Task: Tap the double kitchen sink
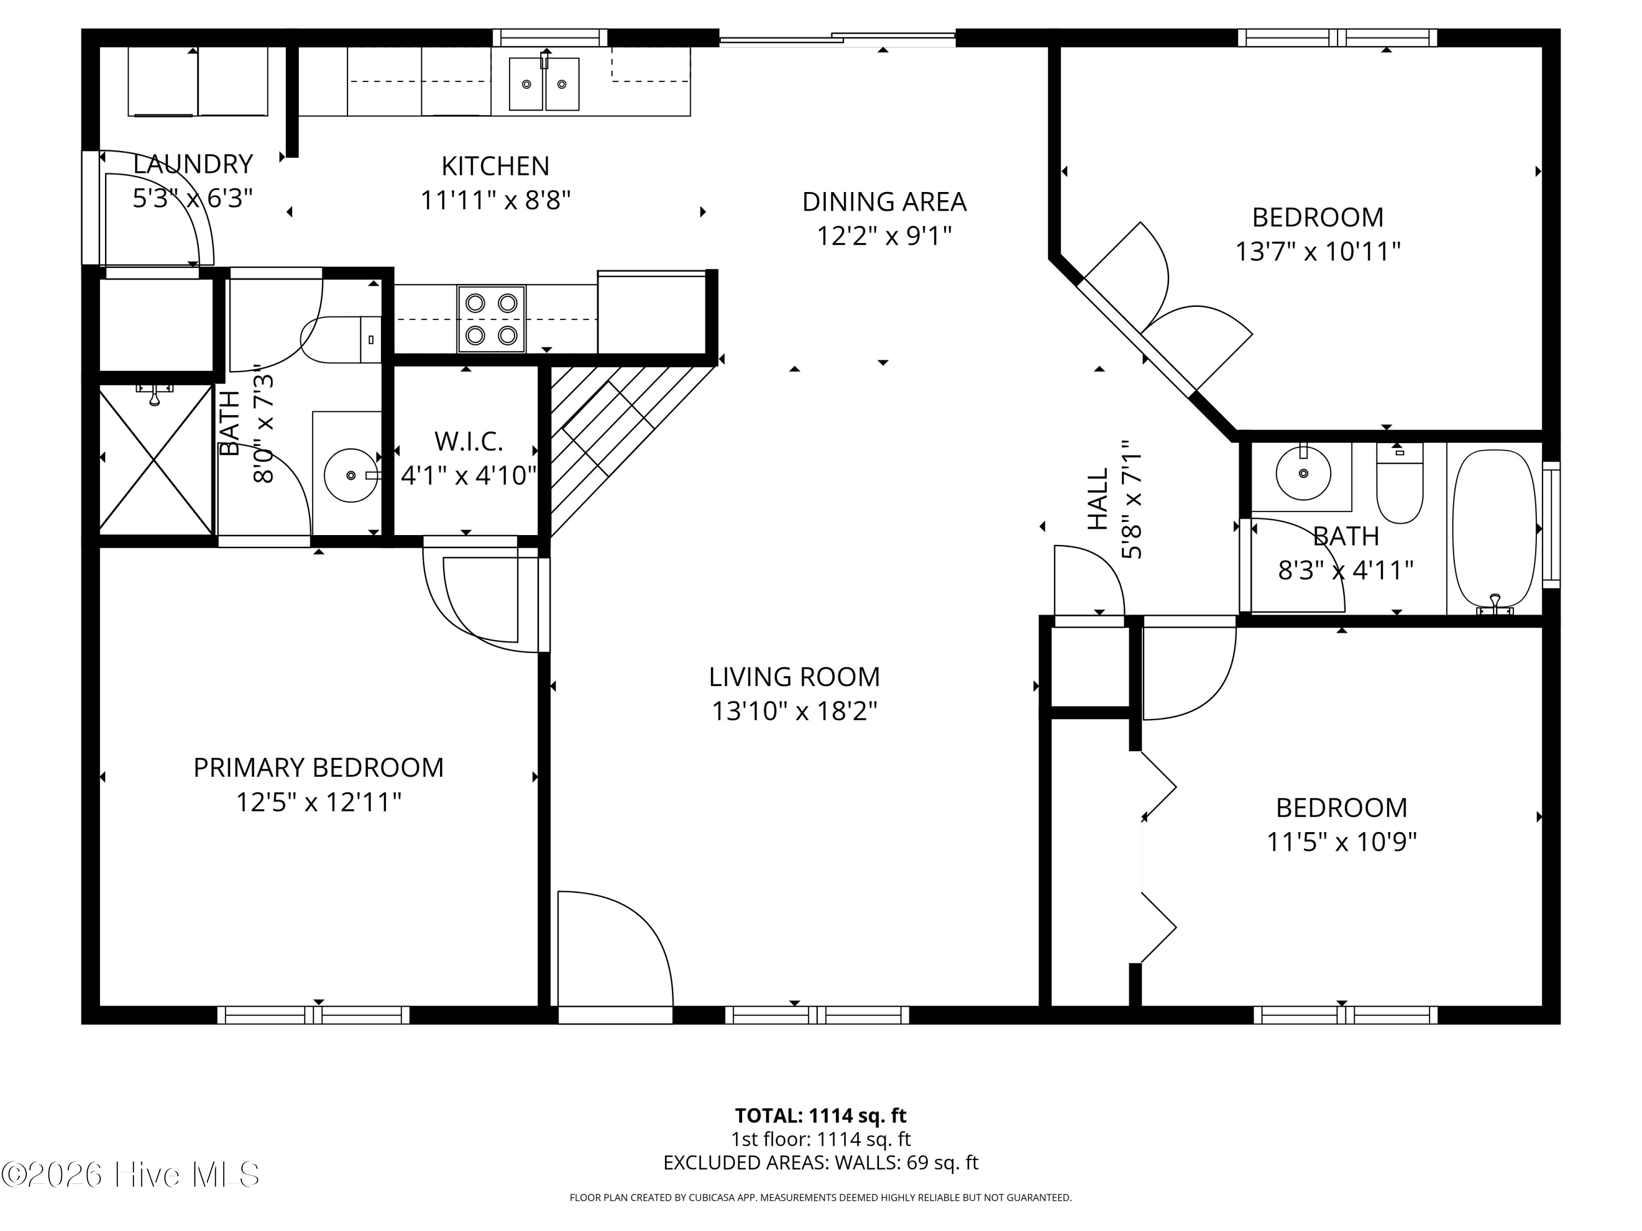(x=544, y=84)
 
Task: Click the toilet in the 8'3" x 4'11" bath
(x=1400, y=483)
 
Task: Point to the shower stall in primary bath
(x=156, y=460)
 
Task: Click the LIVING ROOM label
(x=794, y=677)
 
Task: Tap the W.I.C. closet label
(x=469, y=442)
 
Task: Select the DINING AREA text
(x=884, y=202)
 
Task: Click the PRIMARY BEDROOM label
(x=319, y=767)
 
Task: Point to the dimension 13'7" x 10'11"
(x=1317, y=252)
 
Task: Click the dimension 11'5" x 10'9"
(x=1342, y=842)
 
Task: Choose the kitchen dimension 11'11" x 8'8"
(x=495, y=200)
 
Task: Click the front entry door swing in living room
(x=615, y=948)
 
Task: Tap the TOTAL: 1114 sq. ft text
(x=820, y=1115)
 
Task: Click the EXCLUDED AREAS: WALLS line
(x=820, y=1163)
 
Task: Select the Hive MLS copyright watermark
(x=131, y=1175)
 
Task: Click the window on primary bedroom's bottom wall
(x=313, y=1014)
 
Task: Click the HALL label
(x=1098, y=498)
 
